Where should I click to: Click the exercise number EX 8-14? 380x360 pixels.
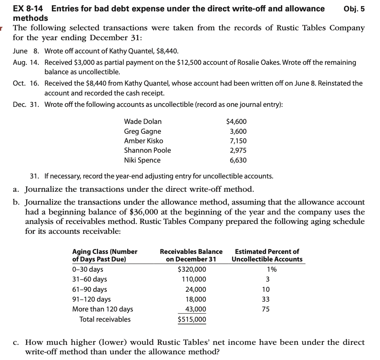click(x=30, y=9)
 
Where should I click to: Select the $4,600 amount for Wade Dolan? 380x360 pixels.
click(x=236, y=122)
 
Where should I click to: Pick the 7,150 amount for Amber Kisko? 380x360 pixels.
click(x=238, y=141)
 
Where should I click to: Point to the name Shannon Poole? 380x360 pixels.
click(x=147, y=150)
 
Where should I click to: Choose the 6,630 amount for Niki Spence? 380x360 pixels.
click(x=238, y=160)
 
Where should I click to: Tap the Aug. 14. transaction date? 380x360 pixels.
click(x=26, y=62)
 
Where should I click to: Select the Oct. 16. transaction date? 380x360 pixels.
click(x=26, y=83)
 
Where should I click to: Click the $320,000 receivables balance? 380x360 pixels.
click(x=192, y=270)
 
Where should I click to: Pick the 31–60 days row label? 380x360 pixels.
click(x=89, y=280)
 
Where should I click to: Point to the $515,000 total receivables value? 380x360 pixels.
click(x=192, y=319)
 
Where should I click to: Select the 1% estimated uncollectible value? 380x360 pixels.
click(x=271, y=270)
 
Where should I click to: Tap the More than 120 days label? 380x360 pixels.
click(x=103, y=309)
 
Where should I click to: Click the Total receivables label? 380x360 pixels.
click(x=105, y=319)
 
